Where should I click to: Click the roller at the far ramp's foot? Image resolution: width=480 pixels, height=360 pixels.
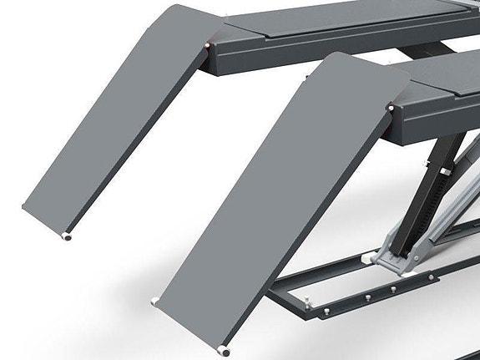67,236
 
